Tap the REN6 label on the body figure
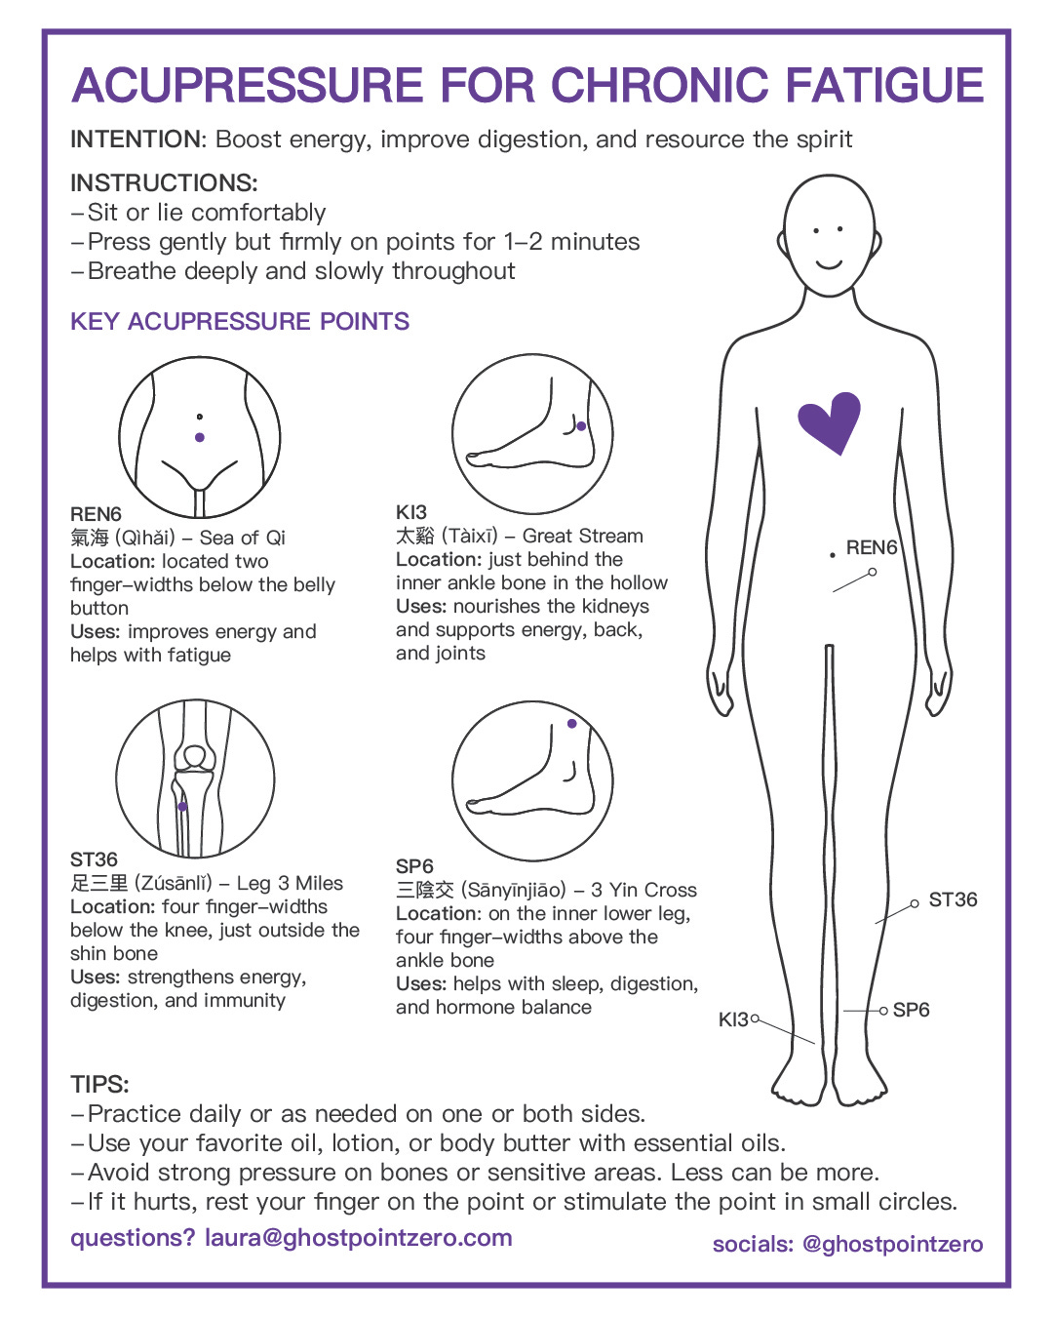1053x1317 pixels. coord(871,547)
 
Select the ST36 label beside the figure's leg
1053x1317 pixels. coord(953,899)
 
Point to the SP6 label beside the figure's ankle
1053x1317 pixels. coord(911,1010)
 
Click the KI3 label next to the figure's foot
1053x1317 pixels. coord(733,1019)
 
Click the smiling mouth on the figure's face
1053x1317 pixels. coord(829,263)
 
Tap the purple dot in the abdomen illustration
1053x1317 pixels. coord(200,437)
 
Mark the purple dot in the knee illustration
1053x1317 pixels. coord(182,807)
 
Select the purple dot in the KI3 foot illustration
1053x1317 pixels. coord(581,426)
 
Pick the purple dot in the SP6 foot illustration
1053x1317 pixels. coord(571,724)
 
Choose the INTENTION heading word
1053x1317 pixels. coord(136,140)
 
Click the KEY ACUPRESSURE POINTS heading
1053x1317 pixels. coord(240,322)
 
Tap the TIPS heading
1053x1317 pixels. coord(99,1084)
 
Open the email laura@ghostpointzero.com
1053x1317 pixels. coord(358,1238)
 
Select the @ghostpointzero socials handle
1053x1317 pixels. coord(891,1244)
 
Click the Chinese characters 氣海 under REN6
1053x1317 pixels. coord(90,538)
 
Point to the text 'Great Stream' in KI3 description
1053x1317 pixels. coord(582,536)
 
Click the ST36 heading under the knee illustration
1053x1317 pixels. coord(94,859)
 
